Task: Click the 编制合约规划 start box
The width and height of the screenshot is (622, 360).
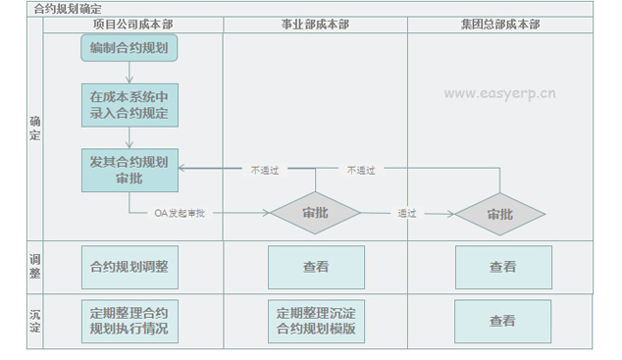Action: point(129,47)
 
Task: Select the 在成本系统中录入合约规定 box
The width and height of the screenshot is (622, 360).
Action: point(129,106)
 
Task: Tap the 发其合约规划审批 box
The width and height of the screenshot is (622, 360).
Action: point(129,170)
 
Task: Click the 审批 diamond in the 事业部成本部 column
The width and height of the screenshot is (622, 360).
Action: point(315,213)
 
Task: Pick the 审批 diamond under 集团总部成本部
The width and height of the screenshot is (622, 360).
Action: point(500,213)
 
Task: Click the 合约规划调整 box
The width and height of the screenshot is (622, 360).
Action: point(129,266)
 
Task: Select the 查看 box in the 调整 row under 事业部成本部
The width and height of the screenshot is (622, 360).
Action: point(316,266)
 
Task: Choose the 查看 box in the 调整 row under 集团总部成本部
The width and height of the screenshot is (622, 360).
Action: point(502,266)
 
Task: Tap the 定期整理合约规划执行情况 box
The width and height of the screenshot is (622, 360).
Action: point(129,321)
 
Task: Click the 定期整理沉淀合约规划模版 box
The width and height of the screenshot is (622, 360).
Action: point(316,321)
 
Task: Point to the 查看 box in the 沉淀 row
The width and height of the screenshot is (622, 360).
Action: point(502,321)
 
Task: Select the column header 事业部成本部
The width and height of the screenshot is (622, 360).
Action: point(315,24)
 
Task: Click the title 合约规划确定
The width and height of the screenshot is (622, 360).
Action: point(68,8)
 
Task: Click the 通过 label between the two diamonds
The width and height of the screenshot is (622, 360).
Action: point(407,213)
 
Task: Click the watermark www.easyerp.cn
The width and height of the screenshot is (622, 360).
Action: point(500,95)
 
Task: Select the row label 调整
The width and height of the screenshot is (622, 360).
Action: point(35,266)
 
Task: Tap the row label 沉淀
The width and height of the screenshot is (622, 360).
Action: point(35,321)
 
